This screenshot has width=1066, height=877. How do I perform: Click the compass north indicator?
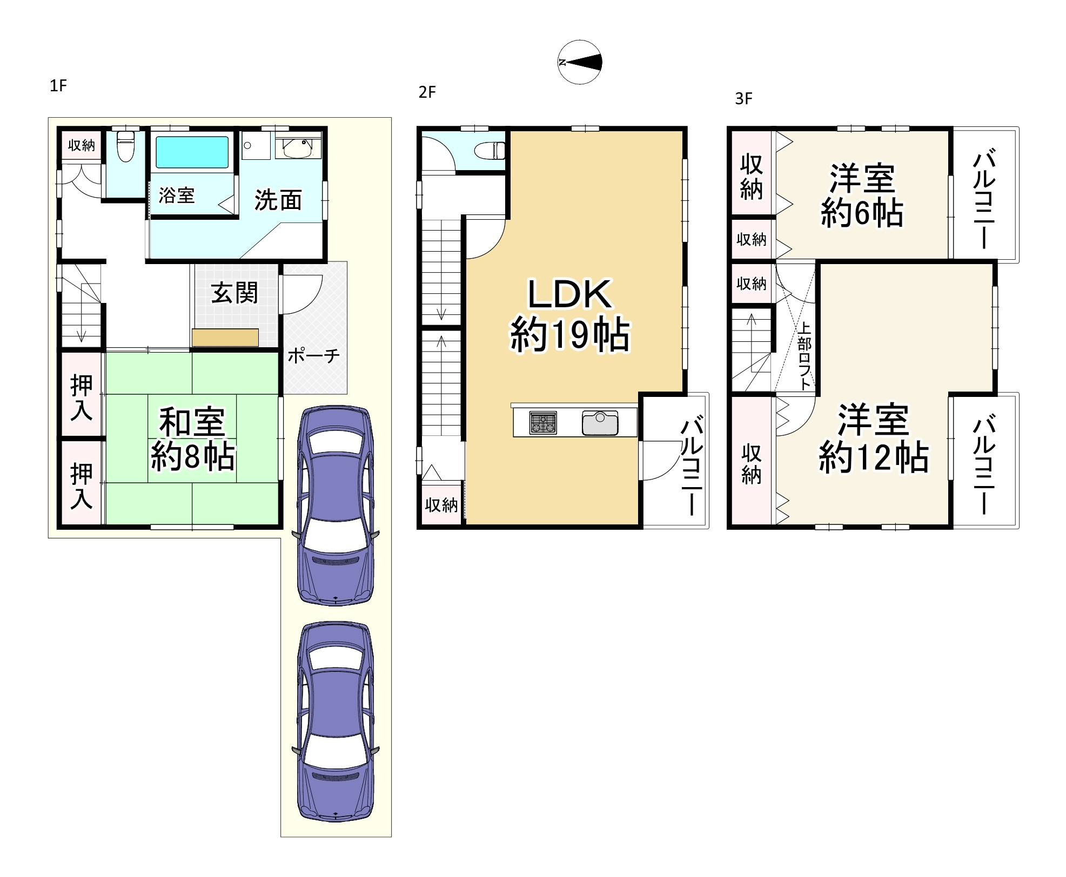click(579, 62)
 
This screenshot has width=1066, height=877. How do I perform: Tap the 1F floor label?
click(58, 85)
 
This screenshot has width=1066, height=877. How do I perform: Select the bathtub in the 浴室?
click(192, 152)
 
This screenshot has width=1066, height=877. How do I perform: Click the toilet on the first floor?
click(125, 146)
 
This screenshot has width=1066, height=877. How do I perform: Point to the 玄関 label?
click(234, 293)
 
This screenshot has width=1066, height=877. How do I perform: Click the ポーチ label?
click(313, 355)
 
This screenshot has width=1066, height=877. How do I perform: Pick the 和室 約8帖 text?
click(192, 439)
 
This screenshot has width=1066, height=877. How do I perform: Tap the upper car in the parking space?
click(336, 505)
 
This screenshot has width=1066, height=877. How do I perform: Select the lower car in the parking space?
click(336, 721)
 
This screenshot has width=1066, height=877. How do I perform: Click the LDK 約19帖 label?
click(569, 315)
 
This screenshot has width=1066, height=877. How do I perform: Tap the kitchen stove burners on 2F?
click(543, 422)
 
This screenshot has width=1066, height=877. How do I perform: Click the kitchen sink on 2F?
click(600, 422)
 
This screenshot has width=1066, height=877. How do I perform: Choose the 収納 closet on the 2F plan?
click(441, 505)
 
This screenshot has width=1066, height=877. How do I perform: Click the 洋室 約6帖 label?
click(862, 195)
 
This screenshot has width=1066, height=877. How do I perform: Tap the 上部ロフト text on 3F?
click(804, 356)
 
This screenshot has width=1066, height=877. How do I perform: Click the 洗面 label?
click(278, 200)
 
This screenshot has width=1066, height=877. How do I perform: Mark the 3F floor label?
click(744, 99)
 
